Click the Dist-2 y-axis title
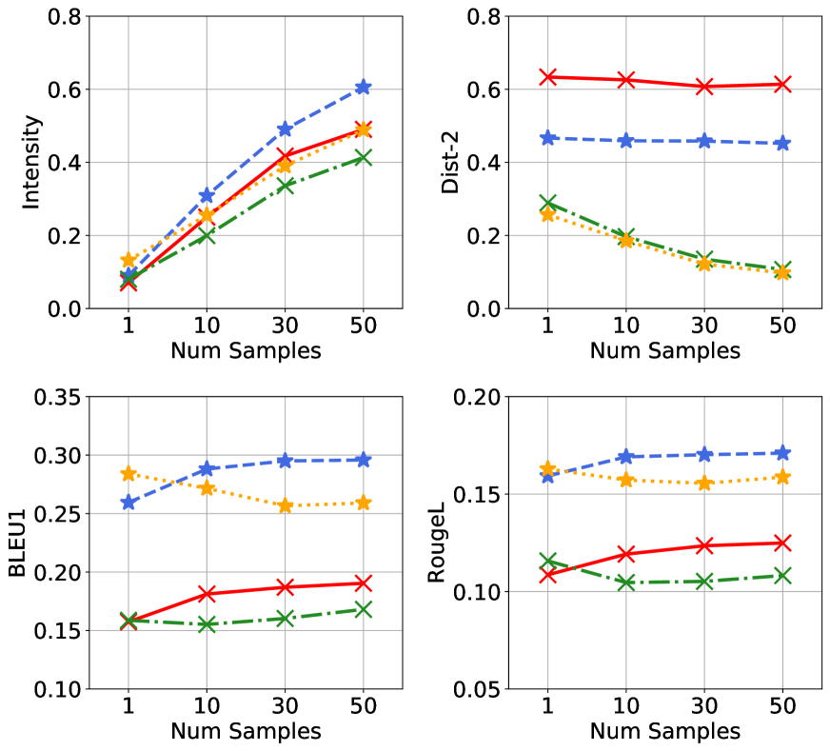tap(451, 162)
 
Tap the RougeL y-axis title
tap(439, 543)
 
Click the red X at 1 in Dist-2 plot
tap(546, 76)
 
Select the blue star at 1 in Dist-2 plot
tap(546, 138)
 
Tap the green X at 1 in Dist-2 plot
tap(546, 204)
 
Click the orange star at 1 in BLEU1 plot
tap(128, 473)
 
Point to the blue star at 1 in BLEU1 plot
tap(128, 503)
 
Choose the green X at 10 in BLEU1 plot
tap(207, 624)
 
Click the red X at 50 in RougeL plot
tap(781, 543)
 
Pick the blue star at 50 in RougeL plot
tap(781, 453)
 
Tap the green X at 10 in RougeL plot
tap(625, 583)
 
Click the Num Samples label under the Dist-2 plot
tap(664, 350)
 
